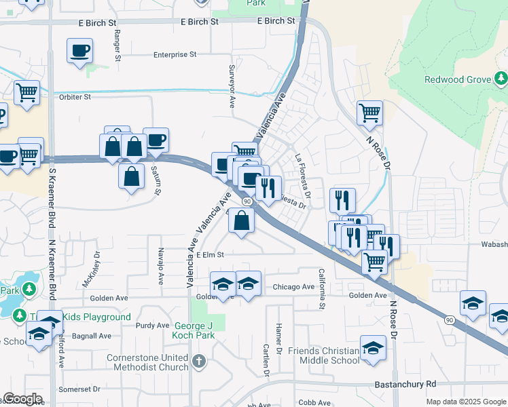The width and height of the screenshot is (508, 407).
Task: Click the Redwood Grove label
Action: coord(457,79)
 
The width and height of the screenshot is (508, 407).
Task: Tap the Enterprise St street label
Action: coord(175,54)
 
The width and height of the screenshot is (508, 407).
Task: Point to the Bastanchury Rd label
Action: coord(405,385)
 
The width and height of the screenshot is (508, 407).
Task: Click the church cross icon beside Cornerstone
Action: coord(198,361)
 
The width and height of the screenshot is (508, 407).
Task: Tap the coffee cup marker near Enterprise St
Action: coord(79,50)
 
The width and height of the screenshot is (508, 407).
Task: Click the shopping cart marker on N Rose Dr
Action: coord(369,113)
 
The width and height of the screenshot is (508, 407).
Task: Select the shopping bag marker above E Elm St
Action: coord(241,220)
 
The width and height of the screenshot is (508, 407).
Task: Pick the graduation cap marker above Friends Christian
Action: coord(373,348)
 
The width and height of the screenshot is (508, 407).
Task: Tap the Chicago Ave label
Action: coord(293,287)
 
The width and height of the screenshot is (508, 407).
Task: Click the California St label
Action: coord(322,288)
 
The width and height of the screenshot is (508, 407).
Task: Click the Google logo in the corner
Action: coord(22,399)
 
